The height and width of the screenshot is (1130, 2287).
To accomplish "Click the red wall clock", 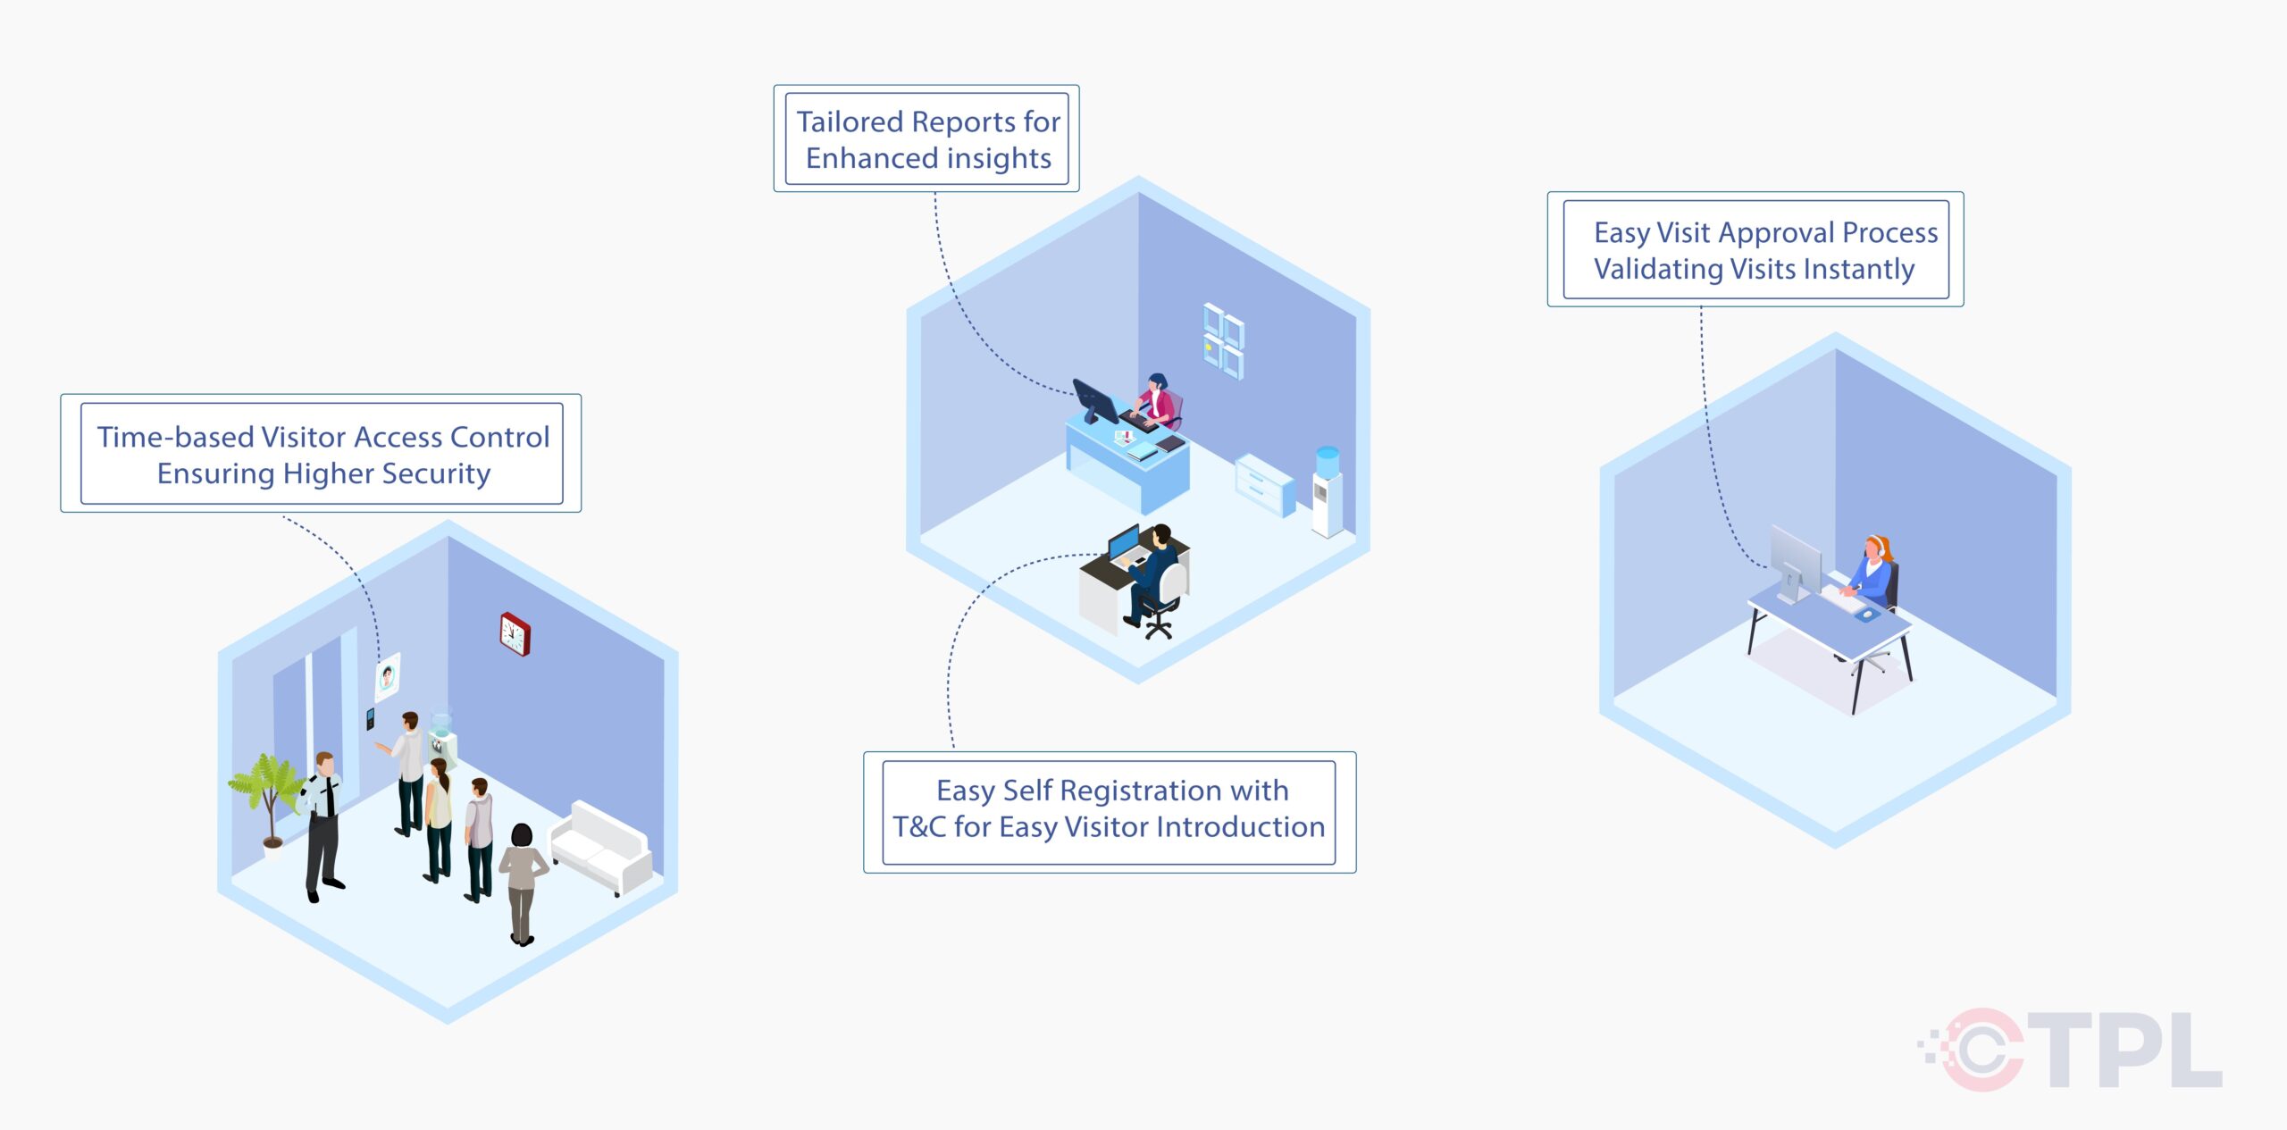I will (515, 634).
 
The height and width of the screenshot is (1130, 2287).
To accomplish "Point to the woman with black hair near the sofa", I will (522, 881).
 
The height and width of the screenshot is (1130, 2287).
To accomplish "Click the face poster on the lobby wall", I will (387, 677).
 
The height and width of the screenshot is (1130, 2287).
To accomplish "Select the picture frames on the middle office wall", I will (1222, 340).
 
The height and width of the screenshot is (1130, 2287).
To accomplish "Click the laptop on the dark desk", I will (1125, 544).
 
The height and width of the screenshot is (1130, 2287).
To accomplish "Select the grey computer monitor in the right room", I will (1795, 562).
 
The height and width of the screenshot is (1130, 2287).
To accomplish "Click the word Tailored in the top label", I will (849, 121).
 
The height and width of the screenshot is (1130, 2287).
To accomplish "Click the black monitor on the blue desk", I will (1095, 401).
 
